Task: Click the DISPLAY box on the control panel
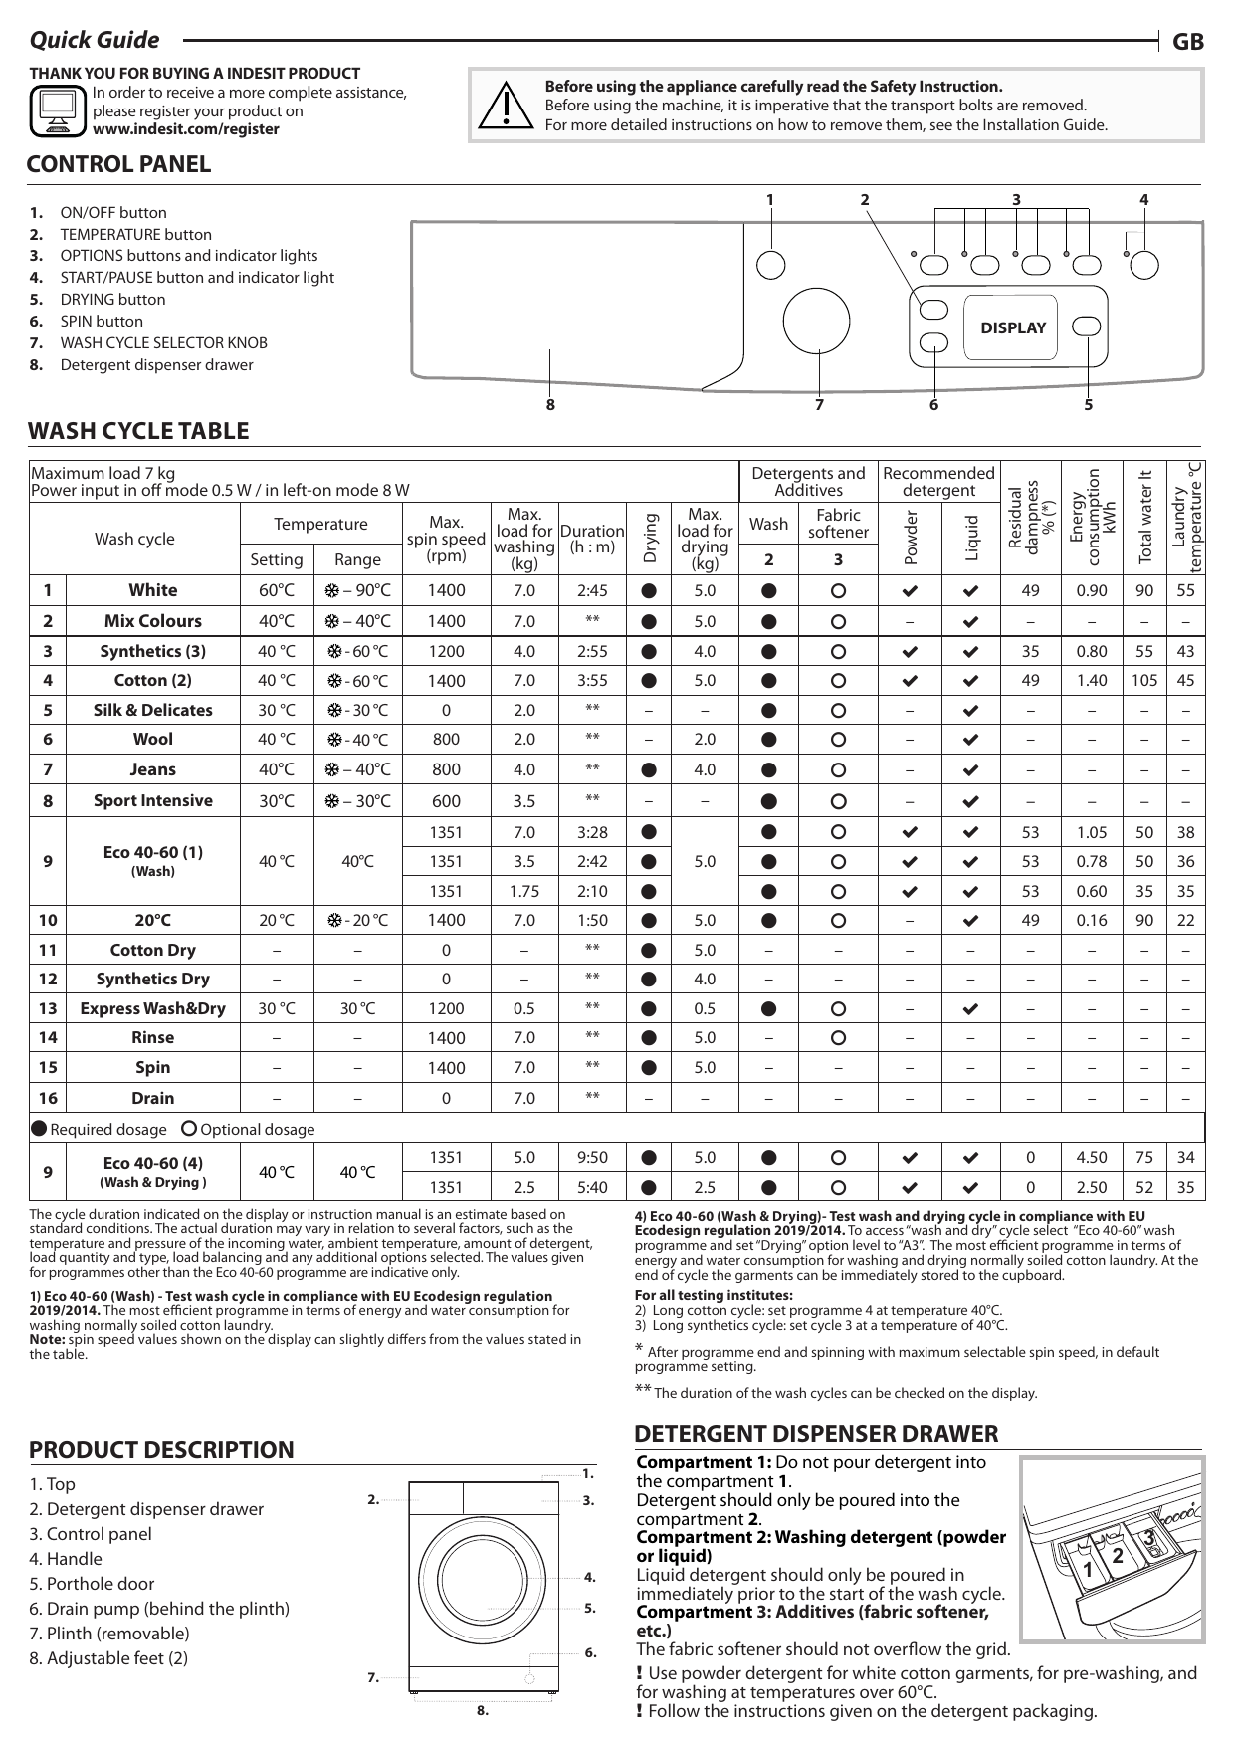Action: pos(1013,327)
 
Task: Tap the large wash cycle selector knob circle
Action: pos(816,323)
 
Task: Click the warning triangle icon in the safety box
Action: pos(507,106)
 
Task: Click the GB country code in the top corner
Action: pos(1188,41)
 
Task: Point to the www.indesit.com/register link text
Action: pos(185,129)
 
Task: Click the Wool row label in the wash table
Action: pos(152,740)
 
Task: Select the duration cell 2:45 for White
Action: pos(592,590)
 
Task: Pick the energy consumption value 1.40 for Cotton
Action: pos(1091,681)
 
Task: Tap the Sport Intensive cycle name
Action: pos(152,801)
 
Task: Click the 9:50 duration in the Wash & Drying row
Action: pos(592,1158)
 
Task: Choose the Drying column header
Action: pos(650,539)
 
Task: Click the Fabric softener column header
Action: pos(838,524)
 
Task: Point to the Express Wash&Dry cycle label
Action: pos(152,1008)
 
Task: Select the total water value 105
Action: pos(1144,681)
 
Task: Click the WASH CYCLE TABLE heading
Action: pos(138,431)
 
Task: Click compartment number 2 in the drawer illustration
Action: pos(1118,1556)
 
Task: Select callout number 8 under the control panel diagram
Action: pos(550,405)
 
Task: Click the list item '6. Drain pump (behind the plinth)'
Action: pos(159,1609)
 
